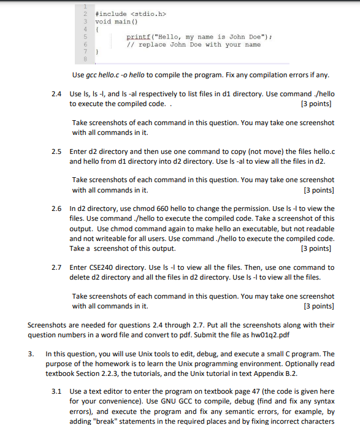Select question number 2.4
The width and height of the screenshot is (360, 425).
[57, 95]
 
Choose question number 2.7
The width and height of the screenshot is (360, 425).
[57, 267]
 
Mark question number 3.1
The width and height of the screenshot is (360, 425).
[57, 391]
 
